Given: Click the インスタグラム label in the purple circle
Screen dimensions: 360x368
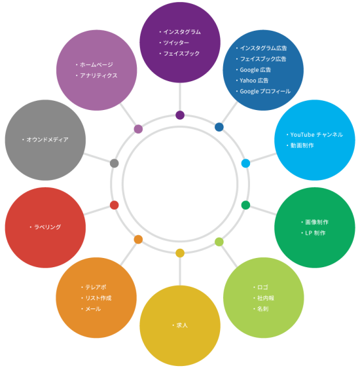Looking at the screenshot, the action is [182, 32].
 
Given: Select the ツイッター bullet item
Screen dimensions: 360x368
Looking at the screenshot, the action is [176, 43].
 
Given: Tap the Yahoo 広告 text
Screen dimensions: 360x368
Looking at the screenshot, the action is [254, 81].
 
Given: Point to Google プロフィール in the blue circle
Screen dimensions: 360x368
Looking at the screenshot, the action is [265, 91].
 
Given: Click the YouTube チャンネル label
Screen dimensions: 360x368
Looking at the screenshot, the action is [317, 135].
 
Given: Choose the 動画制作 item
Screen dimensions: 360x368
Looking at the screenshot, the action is [302, 145].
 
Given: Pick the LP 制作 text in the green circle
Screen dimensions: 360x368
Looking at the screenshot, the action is [315, 233].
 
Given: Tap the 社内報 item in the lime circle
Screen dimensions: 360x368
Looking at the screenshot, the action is [266, 298].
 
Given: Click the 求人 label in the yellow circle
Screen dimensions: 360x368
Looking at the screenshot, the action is [182, 325].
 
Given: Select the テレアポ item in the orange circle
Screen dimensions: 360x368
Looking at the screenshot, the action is [96, 287].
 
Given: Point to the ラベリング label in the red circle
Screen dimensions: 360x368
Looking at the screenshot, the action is [48, 227].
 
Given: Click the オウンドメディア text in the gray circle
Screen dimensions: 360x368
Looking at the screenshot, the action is [47, 139].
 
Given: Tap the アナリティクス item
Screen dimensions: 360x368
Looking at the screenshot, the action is [98, 75].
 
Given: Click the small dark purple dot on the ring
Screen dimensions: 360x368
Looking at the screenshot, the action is [180, 115].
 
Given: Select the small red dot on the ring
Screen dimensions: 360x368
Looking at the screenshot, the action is [114, 205].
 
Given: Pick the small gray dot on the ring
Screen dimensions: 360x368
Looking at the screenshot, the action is [114, 163].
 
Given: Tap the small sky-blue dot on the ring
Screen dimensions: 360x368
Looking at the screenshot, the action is [245, 163].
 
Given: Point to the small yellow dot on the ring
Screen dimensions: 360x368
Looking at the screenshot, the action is [180, 253].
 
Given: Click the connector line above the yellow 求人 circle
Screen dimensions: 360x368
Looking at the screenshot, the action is [180, 271].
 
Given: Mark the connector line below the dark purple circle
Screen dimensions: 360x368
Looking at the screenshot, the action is [180, 97].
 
